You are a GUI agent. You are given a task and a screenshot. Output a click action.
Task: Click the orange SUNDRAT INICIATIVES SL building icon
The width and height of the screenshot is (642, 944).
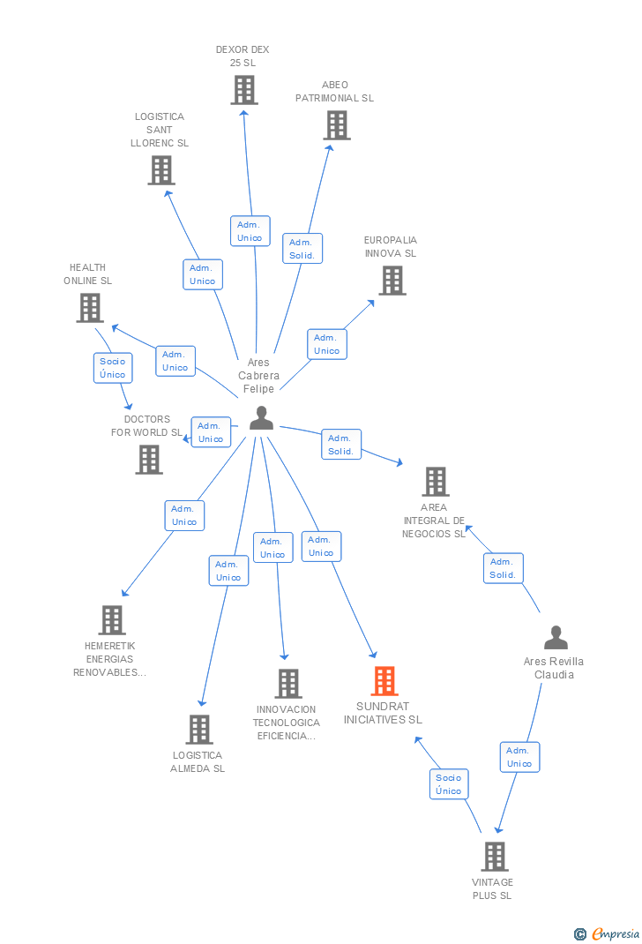pyautogui.click(x=384, y=681)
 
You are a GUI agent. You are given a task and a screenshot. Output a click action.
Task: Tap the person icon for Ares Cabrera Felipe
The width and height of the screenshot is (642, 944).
pyautogui.click(x=261, y=418)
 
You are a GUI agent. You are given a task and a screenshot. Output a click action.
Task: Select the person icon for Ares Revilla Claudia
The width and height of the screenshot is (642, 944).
pyautogui.click(x=556, y=638)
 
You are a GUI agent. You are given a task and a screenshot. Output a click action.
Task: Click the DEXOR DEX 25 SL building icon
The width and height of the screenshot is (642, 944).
pyautogui.click(x=244, y=90)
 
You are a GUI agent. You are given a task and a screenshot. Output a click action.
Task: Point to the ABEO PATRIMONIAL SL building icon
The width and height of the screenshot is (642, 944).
pyautogui.click(x=337, y=125)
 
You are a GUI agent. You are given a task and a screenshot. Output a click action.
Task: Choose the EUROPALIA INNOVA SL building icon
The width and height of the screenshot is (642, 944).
pyautogui.click(x=392, y=281)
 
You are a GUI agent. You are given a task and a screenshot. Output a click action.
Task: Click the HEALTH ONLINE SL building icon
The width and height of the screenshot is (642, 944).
pyautogui.click(x=90, y=308)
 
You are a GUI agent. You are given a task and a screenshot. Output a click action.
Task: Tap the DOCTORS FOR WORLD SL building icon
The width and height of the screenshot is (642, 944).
pyautogui.click(x=149, y=460)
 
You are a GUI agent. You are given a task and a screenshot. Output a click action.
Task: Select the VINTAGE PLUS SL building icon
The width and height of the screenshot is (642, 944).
pyautogui.click(x=495, y=856)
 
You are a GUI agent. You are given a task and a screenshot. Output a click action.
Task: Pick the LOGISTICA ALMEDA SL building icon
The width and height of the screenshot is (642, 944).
pyautogui.click(x=199, y=730)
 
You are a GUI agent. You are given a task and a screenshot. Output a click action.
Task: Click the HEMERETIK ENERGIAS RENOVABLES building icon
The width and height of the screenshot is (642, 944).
pyautogui.click(x=112, y=620)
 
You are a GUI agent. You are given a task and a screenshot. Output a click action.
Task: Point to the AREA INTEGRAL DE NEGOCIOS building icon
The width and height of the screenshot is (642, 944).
pyautogui.click(x=436, y=482)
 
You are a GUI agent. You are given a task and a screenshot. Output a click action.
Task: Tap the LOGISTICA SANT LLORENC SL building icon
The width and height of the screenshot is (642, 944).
pyautogui.click(x=161, y=170)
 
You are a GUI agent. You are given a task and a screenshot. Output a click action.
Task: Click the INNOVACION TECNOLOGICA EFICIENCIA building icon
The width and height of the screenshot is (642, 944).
pyautogui.click(x=288, y=683)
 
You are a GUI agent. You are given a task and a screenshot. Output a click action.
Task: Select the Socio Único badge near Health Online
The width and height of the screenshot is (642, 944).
pyautogui.click(x=113, y=368)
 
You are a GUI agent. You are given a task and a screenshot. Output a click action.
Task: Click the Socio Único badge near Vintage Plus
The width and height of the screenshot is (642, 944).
pyautogui.click(x=449, y=784)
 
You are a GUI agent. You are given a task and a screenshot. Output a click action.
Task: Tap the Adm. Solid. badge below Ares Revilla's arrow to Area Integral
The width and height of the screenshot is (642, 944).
pyautogui.click(x=503, y=568)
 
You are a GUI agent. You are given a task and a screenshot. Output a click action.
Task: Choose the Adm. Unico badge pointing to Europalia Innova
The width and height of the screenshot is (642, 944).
pyautogui.click(x=326, y=344)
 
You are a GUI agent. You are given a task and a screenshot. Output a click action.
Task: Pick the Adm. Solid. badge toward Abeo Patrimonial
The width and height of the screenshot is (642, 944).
pyautogui.click(x=302, y=249)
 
